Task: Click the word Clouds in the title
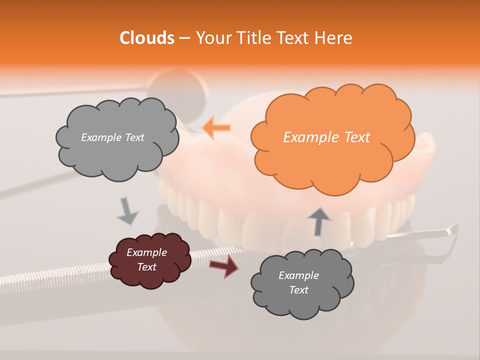point(147,38)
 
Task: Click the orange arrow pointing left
point(216,128)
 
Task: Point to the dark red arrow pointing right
point(224,266)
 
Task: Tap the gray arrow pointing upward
point(319,220)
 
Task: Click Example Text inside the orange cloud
point(326,137)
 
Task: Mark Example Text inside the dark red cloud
point(147,259)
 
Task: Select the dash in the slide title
point(184,38)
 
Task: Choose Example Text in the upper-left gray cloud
point(112,137)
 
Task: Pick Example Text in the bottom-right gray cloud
point(298,282)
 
